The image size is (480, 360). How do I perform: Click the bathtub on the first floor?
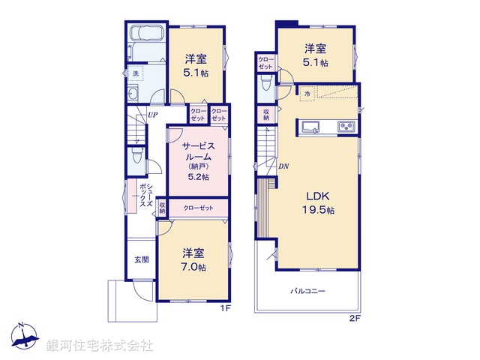coord(145,37)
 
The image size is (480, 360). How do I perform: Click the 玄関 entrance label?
coord(141,259)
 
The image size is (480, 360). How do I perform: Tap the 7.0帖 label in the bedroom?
coord(193,267)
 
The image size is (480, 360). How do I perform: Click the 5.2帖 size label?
coord(197,176)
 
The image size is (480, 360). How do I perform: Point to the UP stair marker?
coord(152,115)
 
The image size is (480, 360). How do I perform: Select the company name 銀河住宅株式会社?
coord(100,345)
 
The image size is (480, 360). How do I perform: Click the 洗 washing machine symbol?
coord(136,73)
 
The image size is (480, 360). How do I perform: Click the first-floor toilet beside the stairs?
coord(136,155)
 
